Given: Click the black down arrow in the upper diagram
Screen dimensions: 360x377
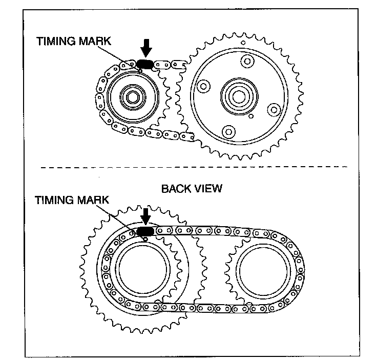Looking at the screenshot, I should (146, 48).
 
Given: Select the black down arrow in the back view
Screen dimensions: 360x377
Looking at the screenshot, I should (145, 215).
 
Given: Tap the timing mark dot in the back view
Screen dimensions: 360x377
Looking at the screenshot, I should (145, 238).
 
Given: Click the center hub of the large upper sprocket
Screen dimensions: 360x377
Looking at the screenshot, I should (237, 94).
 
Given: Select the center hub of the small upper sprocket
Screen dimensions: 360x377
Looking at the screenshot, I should (132, 96).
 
